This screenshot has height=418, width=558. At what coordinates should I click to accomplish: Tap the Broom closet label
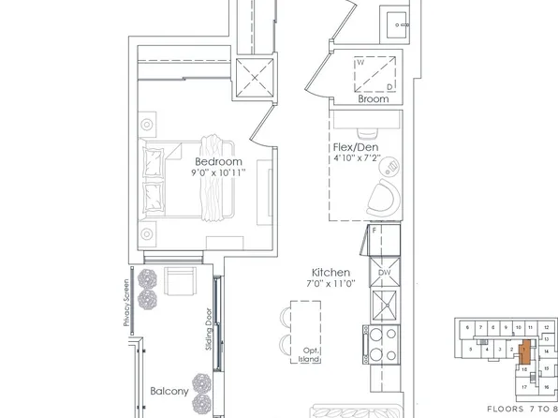(374, 97)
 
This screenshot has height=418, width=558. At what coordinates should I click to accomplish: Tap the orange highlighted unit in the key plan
(524, 352)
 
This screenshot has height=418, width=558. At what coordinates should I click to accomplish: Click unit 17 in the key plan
(525, 386)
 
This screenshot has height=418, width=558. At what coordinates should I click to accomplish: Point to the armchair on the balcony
(178, 281)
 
